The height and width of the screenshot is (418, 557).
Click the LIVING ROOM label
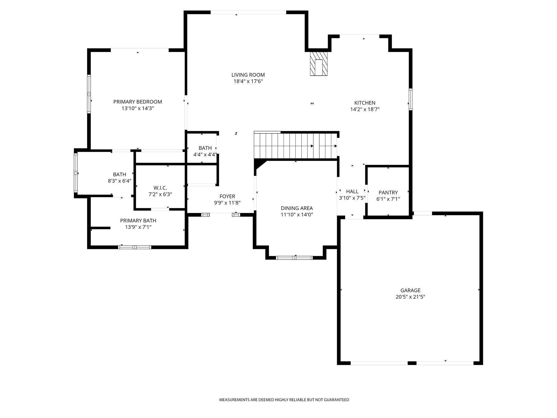point(248,75)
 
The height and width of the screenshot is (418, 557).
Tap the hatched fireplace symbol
point(319,64)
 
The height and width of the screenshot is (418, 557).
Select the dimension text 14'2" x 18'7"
point(365,109)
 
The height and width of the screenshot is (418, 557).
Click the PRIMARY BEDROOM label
point(138,102)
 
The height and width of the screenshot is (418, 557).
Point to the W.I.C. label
point(160,188)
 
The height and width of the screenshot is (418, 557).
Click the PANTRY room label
point(388,192)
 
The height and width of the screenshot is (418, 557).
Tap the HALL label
point(352,191)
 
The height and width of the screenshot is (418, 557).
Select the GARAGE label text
point(410,290)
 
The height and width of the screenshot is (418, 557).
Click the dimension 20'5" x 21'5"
point(410,297)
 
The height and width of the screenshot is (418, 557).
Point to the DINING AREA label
point(297,208)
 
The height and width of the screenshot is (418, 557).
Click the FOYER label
point(227,196)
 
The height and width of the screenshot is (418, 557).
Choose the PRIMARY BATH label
point(138,221)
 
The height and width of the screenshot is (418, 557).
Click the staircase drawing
point(294,146)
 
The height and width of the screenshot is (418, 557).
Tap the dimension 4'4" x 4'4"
point(205,154)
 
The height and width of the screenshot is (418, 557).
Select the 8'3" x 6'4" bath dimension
point(119,181)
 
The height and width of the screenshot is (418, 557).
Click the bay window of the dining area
point(294,257)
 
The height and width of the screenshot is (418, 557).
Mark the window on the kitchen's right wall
point(411,100)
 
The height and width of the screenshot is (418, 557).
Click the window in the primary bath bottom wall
point(135,247)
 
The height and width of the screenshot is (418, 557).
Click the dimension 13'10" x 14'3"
point(138,108)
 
